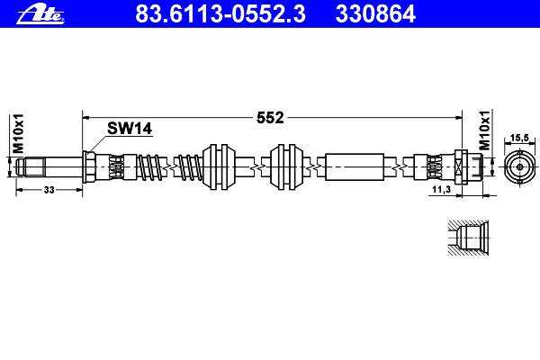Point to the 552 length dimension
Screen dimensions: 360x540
(x=271, y=117)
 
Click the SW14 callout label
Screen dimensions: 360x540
(x=130, y=130)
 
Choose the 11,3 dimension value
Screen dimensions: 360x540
(x=442, y=192)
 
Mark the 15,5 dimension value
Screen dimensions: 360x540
(x=518, y=137)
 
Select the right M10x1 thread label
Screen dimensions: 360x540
(x=484, y=132)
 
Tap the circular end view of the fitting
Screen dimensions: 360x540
(x=518, y=166)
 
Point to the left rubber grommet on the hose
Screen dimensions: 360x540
(x=220, y=166)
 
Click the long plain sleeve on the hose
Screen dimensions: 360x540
(x=356, y=166)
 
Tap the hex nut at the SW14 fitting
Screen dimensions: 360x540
(x=90, y=166)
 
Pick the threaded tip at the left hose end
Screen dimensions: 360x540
(x=35, y=166)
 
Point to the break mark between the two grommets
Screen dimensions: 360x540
(x=256, y=166)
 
